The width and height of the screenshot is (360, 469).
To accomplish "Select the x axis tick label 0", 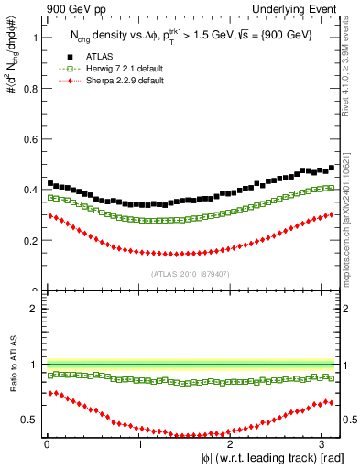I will point(47,443).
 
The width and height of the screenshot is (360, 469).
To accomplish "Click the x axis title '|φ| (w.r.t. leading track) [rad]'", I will point(260,459).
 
